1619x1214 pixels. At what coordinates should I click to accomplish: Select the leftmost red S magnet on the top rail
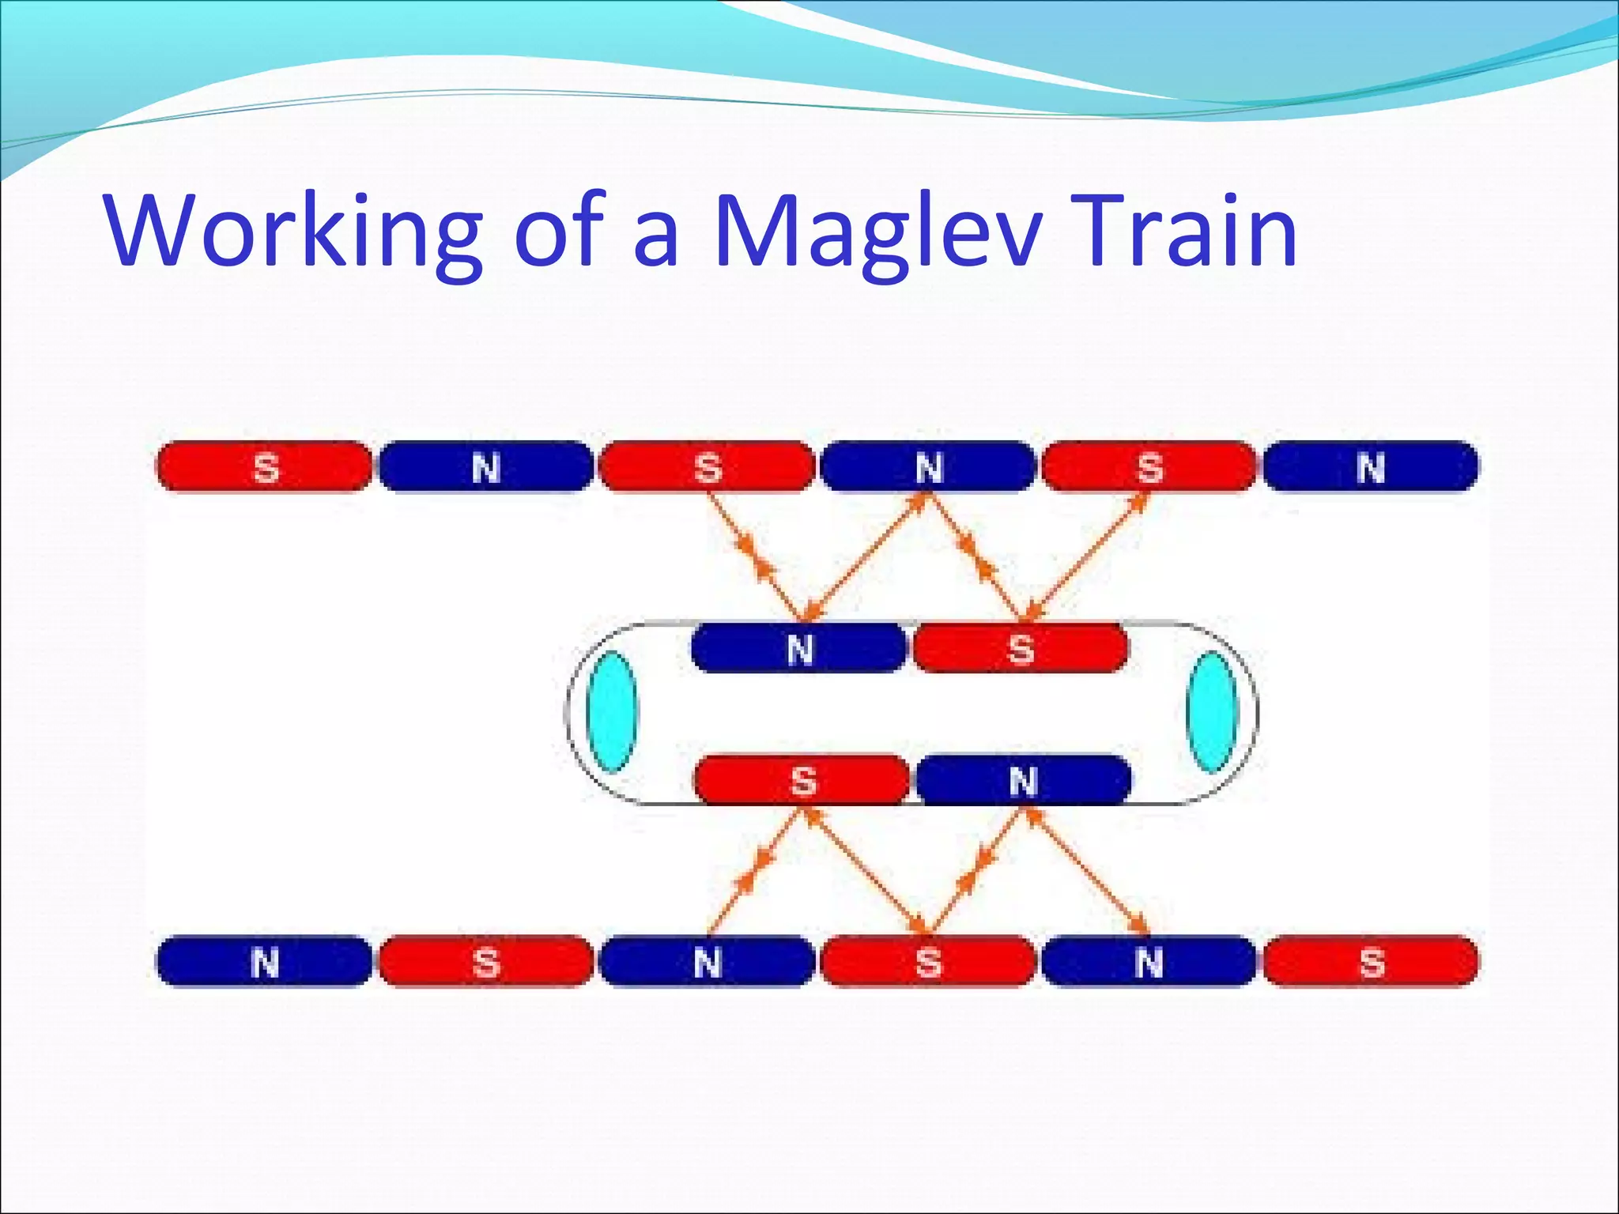[x=264, y=467]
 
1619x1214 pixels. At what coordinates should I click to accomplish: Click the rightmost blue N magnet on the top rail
[x=1371, y=467]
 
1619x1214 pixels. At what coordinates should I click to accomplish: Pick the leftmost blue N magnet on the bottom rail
[x=264, y=962]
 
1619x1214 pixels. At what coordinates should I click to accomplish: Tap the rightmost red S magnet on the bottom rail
[x=1371, y=962]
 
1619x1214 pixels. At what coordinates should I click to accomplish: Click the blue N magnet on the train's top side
[x=798, y=648]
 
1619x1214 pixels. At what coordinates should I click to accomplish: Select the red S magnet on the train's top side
[x=1021, y=648]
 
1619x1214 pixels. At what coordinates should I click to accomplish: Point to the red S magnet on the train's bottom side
[x=802, y=780]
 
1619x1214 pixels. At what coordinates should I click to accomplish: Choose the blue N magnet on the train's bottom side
[x=1023, y=780]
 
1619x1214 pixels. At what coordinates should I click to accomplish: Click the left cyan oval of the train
[x=612, y=711]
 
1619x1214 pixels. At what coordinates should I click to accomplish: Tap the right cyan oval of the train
[x=1212, y=711]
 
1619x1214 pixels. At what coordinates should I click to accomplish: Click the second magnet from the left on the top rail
[x=485, y=467]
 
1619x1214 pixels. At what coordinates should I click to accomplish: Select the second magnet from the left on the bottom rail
[x=485, y=962]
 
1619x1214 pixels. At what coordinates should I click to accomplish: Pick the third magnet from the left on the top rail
[x=707, y=467]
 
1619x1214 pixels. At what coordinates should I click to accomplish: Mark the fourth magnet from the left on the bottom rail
[x=928, y=962]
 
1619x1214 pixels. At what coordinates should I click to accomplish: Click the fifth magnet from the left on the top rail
[x=1149, y=467]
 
